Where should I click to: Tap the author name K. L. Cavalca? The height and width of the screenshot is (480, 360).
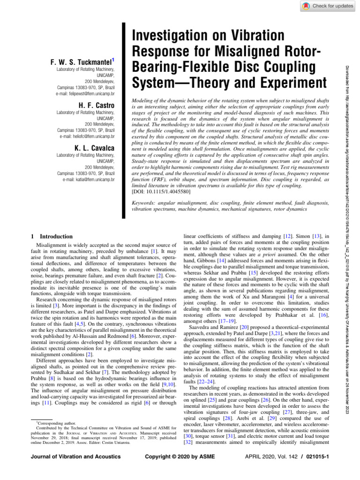point(92,149)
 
